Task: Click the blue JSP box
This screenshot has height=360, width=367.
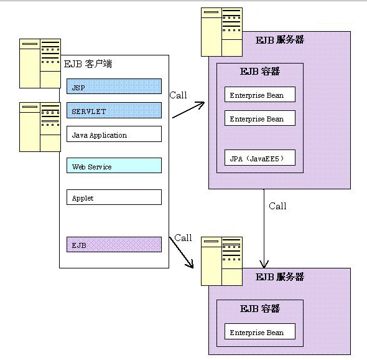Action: coord(114,87)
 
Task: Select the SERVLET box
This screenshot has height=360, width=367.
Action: coord(114,110)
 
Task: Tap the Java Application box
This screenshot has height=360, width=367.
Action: coord(114,134)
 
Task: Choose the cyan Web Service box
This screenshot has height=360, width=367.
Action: coord(114,166)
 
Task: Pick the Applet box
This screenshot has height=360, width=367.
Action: coord(114,197)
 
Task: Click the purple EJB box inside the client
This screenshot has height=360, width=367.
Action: coord(114,244)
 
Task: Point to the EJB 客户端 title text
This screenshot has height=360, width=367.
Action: coord(88,64)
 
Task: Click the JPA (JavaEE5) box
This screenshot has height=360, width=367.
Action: coord(260,158)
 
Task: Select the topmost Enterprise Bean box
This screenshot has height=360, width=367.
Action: coord(260,95)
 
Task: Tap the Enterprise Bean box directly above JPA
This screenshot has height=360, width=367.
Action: coord(260,118)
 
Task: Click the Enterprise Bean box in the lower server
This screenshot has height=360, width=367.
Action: coord(260,331)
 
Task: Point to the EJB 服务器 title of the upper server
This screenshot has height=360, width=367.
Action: coord(280,40)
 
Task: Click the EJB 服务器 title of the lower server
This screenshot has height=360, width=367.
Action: coord(280,277)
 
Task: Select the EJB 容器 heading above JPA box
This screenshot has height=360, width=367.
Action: coord(260,71)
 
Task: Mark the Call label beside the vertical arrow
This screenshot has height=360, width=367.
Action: coord(277,206)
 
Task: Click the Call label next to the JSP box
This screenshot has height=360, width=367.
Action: coord(178,95)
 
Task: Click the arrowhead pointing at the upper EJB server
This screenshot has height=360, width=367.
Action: coord(201,104)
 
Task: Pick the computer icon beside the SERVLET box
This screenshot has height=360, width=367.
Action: coord(40,127)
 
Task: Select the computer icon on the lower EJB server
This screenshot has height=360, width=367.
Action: coord(221,261)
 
